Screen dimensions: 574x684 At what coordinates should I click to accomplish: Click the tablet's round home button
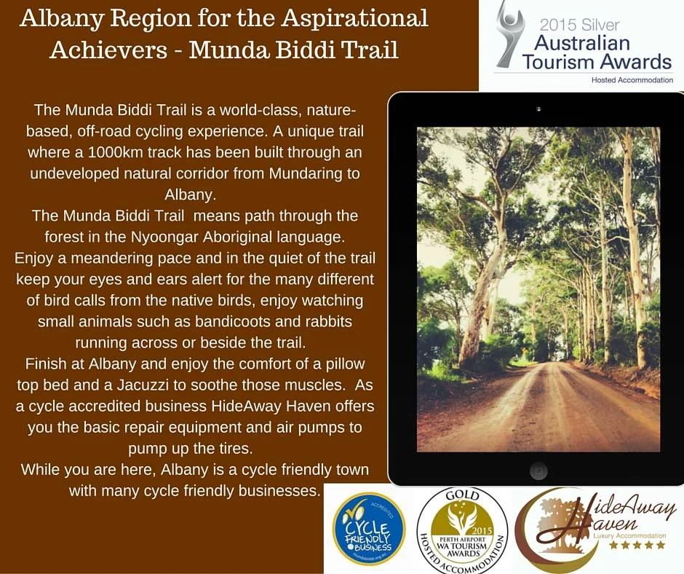[538, 468]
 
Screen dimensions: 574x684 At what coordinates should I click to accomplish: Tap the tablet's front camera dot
[538, 109]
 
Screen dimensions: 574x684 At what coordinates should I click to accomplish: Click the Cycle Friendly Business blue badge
[368, 529]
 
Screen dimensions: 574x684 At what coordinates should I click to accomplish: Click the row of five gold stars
[637, 545]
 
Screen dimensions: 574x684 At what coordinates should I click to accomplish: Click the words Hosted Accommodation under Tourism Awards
[632, 79]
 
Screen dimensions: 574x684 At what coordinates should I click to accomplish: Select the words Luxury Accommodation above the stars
[629, 535]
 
